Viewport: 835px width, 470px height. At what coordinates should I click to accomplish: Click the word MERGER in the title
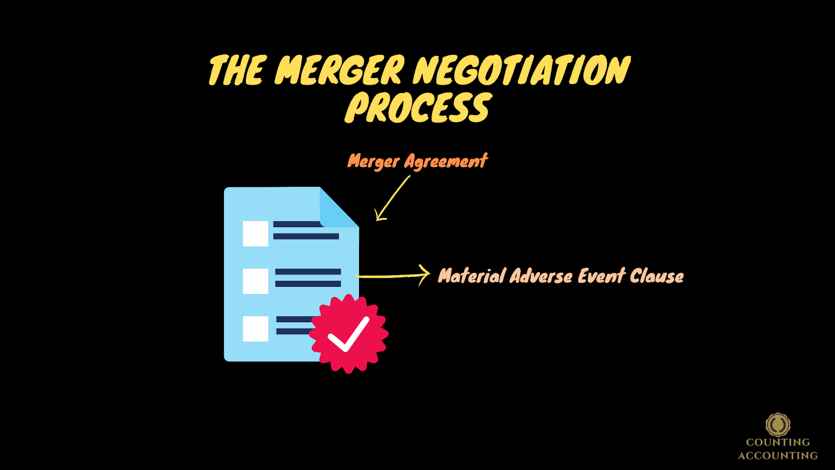(339, 70)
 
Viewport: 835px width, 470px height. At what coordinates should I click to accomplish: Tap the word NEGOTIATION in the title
(522, 70)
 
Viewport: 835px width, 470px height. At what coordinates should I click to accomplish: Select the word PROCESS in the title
(417, 109)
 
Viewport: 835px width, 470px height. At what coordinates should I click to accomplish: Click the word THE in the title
(237, 70)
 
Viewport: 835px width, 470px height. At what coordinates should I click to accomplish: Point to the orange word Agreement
(446, 161)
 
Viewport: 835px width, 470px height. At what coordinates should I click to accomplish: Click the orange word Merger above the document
(374, 161)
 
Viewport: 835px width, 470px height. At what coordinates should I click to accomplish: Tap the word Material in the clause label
(472, 276)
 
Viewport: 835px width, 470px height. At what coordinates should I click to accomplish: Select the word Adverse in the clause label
(541, 276)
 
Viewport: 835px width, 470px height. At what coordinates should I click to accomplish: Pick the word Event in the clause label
(601, 276)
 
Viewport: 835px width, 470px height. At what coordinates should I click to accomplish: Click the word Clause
(657, 276)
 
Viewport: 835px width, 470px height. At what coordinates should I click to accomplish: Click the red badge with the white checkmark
(349, 334)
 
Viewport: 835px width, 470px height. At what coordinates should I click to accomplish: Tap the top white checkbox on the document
(256, 233)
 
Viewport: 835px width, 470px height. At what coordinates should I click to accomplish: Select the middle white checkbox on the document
(256, 281)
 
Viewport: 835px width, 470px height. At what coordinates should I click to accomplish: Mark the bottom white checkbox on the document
(256, 328)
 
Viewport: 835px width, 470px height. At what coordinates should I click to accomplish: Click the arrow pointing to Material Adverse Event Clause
(394, 276)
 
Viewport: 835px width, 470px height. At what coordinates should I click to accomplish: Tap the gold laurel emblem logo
(778, 425)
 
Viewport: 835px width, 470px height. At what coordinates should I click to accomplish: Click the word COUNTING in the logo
(778, 442)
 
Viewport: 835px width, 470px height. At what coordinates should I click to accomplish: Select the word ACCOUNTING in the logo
(778, 455)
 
